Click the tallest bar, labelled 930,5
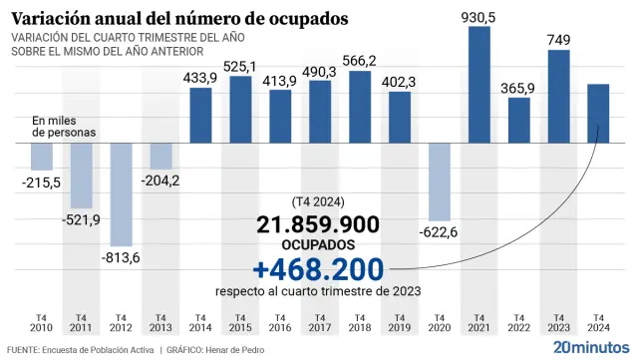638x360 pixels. click(x=478, y=84)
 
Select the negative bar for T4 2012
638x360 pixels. click(x=121, y=193)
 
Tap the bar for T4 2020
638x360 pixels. click(x=440, y=180)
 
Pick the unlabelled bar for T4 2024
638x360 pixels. click(x=598, y=113)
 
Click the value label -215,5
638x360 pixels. click(x=41, y=181)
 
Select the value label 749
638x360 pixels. click(x=559, y=39)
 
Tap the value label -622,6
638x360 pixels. click(x=440, y=231)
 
